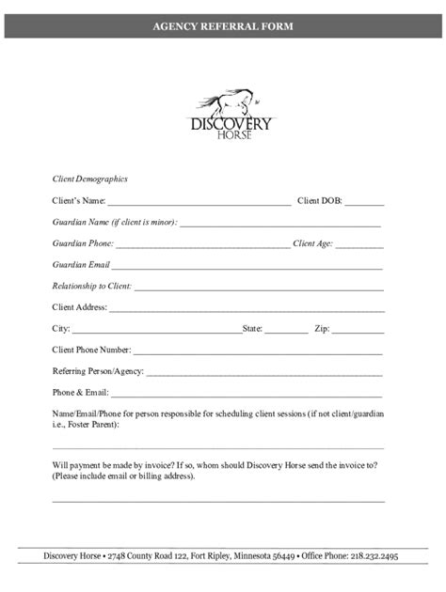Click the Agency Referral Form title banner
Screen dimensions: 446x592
point(223,27)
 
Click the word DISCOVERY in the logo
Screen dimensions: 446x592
point(231,124)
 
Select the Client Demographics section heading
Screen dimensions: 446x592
point(89,179)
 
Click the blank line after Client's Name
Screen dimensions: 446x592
point(199,202)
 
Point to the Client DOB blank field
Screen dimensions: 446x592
point(364,202)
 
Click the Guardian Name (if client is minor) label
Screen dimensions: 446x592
point(114,223)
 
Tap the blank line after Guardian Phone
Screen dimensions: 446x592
point(202,244)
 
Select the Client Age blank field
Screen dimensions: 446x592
point(360,244)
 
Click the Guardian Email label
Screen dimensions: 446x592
point(82,265)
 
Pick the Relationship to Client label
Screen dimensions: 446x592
point(91,286)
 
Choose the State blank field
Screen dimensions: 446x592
point(286,330)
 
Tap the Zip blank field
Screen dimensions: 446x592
point(358,330)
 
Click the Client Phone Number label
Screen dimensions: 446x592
point(91,350)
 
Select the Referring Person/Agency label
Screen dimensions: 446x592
point(98,371)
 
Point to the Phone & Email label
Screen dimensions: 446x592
point(80,393)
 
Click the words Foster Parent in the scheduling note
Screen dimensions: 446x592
point(90,424)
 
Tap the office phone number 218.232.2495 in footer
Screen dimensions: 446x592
point(366,556)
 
